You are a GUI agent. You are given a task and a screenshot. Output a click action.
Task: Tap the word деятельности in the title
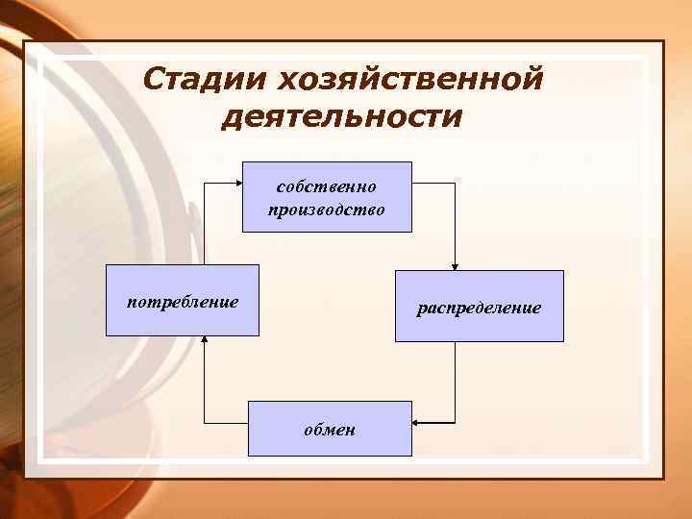coord(341,116)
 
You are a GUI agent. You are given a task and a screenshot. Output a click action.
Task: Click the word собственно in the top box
coord(327,185)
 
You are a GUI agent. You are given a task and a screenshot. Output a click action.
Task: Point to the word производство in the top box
coord(327,209)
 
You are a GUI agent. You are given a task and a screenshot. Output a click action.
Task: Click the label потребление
coord(183,302)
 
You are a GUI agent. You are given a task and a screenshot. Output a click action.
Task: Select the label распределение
coord(479,309)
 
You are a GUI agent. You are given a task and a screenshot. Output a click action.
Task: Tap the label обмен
coord(330,430)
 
